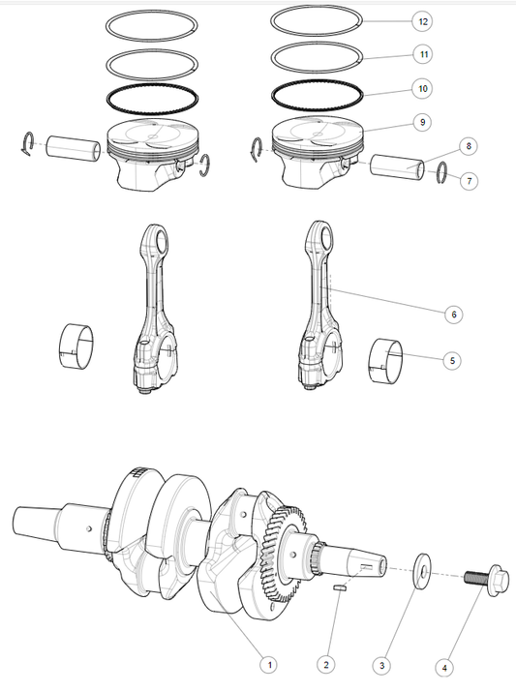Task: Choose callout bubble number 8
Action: click(469, 146)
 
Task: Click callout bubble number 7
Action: click(469, 180)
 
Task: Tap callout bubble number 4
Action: click(444, 667)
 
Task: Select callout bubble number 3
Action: click(383, 666)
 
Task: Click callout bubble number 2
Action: click(326, 666)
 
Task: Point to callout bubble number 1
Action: click(270, 666)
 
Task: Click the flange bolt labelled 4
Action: click(484, 578)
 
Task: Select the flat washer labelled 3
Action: click(422, 569)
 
